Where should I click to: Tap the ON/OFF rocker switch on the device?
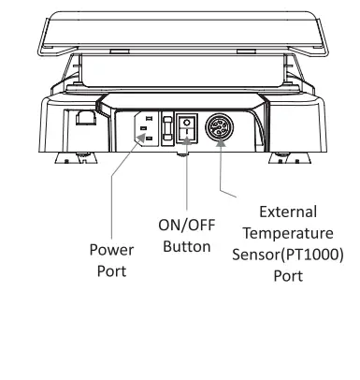point(188,128)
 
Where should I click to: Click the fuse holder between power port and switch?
point(169,128)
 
